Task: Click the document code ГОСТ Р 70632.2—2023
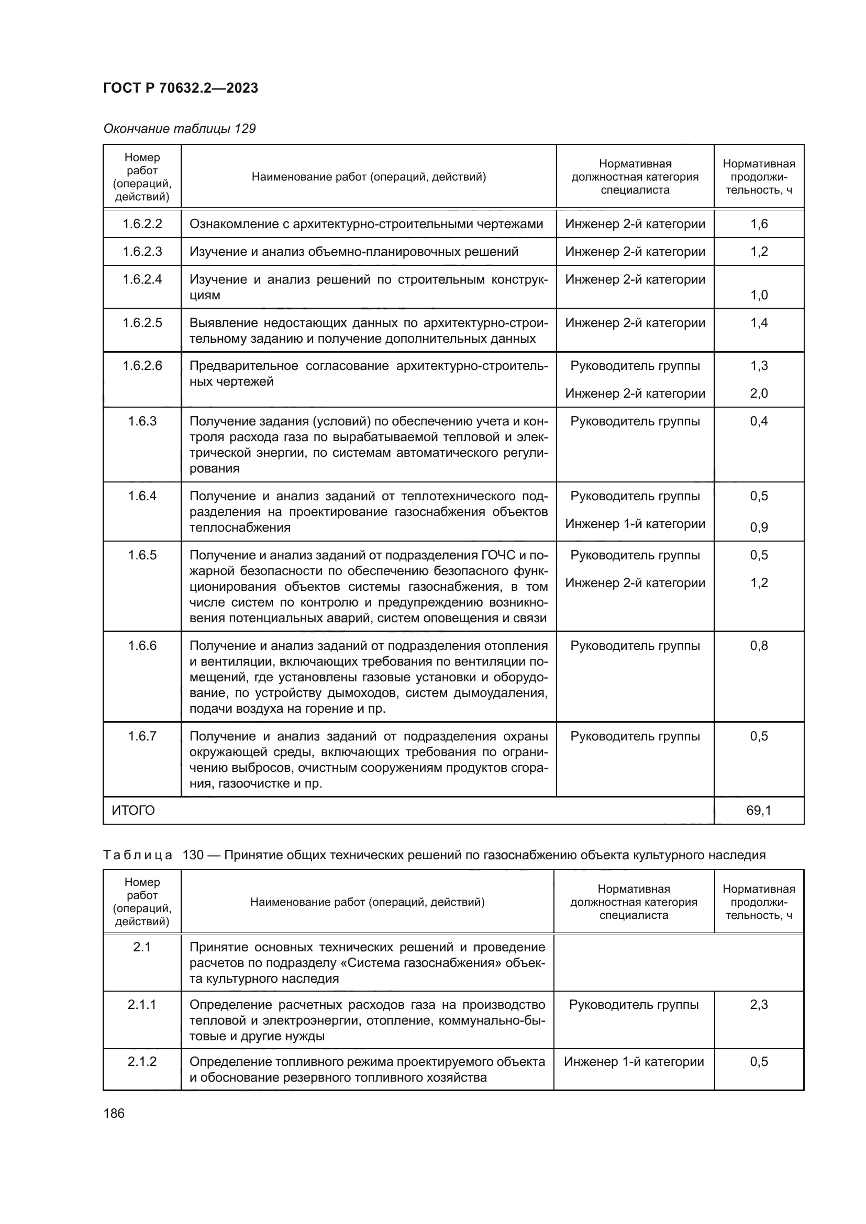coord(180,88)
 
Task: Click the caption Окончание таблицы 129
coord(179,129)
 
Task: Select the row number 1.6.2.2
coord(142,224)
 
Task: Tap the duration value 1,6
coord(758,224)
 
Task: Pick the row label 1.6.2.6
coord(142,366)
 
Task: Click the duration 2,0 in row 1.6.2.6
coord(758,394)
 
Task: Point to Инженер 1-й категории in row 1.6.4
coord(635,524)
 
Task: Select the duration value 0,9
coord(758,527)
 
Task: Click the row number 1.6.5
coord(142,555)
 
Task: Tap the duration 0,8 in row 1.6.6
coord(758,646)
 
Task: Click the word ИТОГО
coord(134,810)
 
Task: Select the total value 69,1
coord(758,810)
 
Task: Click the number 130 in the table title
coord(193,855)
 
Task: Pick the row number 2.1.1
coord(142,1005)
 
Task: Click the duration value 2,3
coord(758,1005)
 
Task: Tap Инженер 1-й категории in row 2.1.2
coord(634,1061)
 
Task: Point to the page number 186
coord(114,1113)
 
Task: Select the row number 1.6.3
coord(142,421)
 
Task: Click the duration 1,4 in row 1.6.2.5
coord(758,322)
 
